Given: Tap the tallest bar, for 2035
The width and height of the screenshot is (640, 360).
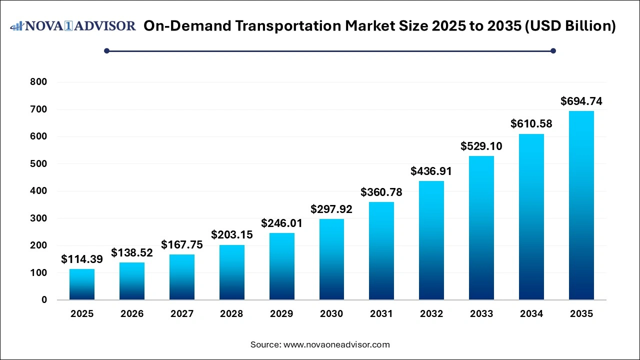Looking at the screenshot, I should pos(581,205).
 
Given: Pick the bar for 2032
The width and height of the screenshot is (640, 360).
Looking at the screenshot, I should pos(431,240).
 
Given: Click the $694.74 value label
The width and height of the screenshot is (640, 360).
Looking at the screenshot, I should pos(581,101).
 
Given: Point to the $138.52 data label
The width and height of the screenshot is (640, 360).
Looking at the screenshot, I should pos(132,253).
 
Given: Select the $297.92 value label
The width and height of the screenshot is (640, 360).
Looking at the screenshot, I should pos(331,209).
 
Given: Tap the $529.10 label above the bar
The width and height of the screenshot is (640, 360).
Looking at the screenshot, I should pos(481,146).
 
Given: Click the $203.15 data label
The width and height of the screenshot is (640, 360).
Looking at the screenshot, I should pos(232,235).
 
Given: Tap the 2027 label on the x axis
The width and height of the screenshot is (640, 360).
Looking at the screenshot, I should pos(182,314).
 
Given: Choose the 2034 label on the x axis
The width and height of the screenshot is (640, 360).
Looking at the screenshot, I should pos(531,314).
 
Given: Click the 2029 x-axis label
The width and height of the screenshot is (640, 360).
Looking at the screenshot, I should pos(281,314).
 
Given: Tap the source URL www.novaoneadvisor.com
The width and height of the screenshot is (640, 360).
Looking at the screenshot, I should pos(336,344).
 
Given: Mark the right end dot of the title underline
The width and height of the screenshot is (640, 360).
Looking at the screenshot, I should pos(553,50).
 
